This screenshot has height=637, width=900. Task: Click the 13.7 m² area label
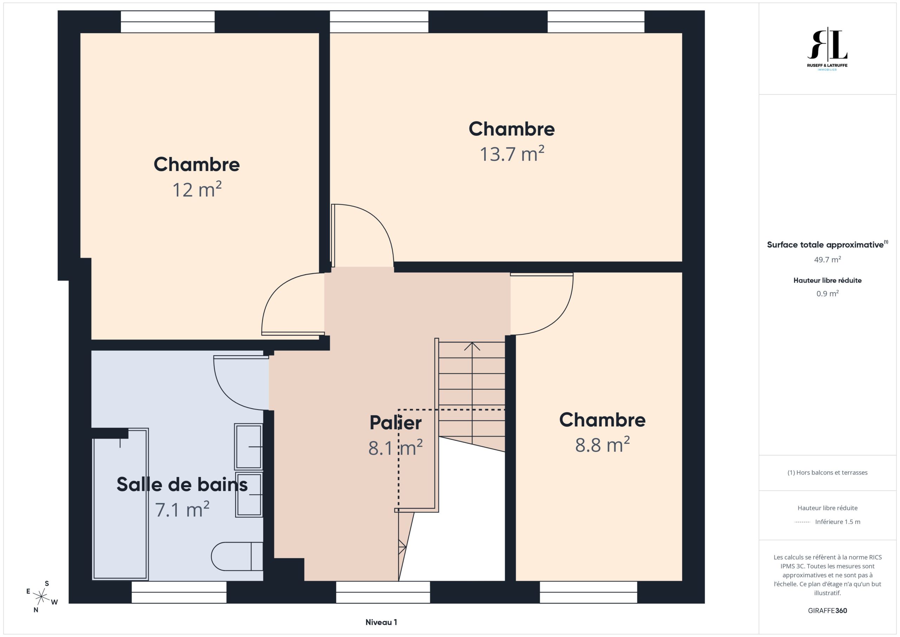[512, 154]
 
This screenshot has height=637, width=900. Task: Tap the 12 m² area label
[197, 190]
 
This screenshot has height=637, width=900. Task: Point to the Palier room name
[396, 423]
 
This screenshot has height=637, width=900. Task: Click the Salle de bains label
[182, 484]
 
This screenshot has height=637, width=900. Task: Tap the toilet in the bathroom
[237, 556]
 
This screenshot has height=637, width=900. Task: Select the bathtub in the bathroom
[120, 504]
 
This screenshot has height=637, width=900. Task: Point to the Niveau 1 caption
[381, 622]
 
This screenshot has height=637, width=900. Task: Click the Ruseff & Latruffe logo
[827, 49]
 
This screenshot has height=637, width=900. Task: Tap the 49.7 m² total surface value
[828, 260]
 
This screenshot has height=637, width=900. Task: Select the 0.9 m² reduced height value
[828, 293]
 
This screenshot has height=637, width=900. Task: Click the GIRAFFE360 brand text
[828, 611]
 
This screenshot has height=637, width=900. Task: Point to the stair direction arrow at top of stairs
[472, 347]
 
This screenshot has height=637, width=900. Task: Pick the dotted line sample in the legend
[802, 522]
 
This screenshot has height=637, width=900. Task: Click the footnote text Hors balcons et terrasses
[828, 473]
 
